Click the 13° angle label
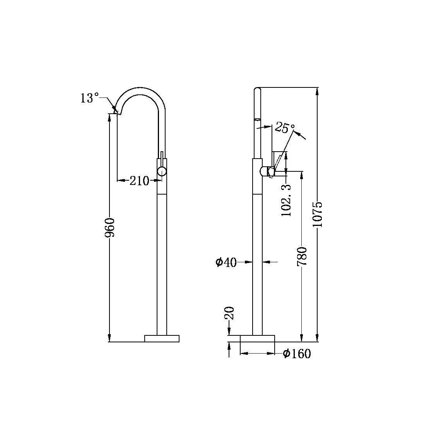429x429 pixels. point(90,98)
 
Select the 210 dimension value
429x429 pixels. point(139,180)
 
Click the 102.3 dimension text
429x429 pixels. point(286,200)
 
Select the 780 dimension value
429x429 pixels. point(302,256)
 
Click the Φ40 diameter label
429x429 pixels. point(226,262)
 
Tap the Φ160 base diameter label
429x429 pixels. point(297,354)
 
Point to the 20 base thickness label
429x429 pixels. point(229,313)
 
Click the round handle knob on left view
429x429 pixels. point(162,171)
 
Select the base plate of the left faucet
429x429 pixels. point(162,338)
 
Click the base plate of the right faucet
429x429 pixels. point(257,338)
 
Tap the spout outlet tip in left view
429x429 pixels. point(118,113)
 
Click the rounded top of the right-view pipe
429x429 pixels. point(258,90)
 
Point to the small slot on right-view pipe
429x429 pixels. point(258,119)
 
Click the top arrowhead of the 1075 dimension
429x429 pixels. point(318,91)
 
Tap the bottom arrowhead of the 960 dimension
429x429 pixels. point(109,338)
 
